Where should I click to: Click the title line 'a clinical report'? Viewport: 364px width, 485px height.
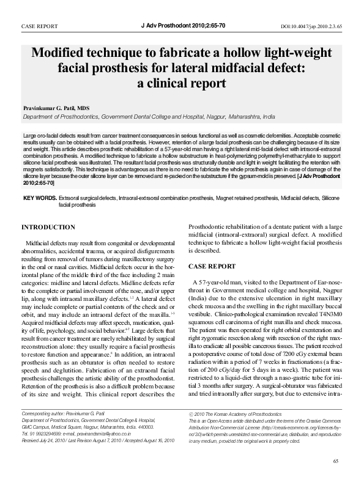182,83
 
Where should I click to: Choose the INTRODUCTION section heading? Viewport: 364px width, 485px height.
48,228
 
